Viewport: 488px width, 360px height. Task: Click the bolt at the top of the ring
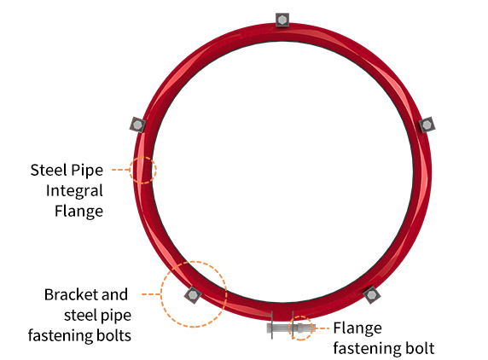282,20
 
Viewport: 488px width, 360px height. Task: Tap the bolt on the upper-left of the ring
137,125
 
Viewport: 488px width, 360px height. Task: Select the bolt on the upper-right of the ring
427,125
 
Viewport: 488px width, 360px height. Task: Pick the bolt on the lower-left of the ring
193,294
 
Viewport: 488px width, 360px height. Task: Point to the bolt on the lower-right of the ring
371,294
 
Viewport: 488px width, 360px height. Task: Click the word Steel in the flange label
49,171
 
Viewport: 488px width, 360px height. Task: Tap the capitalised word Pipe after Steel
87,171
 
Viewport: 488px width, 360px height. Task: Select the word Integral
74,191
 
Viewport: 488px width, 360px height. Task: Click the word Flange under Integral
78,212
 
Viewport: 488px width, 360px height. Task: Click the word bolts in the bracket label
113,336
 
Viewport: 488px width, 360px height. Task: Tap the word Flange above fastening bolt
357,328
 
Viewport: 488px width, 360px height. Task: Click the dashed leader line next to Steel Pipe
121,170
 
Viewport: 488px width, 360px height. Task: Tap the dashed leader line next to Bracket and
151,294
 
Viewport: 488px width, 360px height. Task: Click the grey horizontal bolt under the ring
291,328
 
